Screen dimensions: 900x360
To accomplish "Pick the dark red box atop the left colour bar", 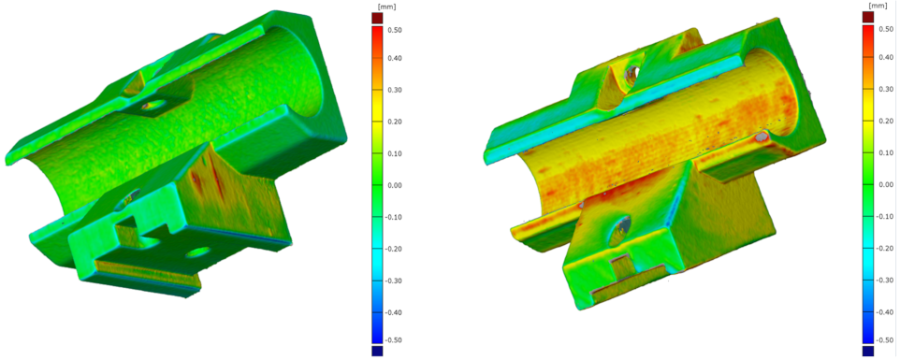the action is pyautogui.click(x=377, y=19).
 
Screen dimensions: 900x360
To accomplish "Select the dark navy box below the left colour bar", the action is pyautogui.click(x=377, y=351).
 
